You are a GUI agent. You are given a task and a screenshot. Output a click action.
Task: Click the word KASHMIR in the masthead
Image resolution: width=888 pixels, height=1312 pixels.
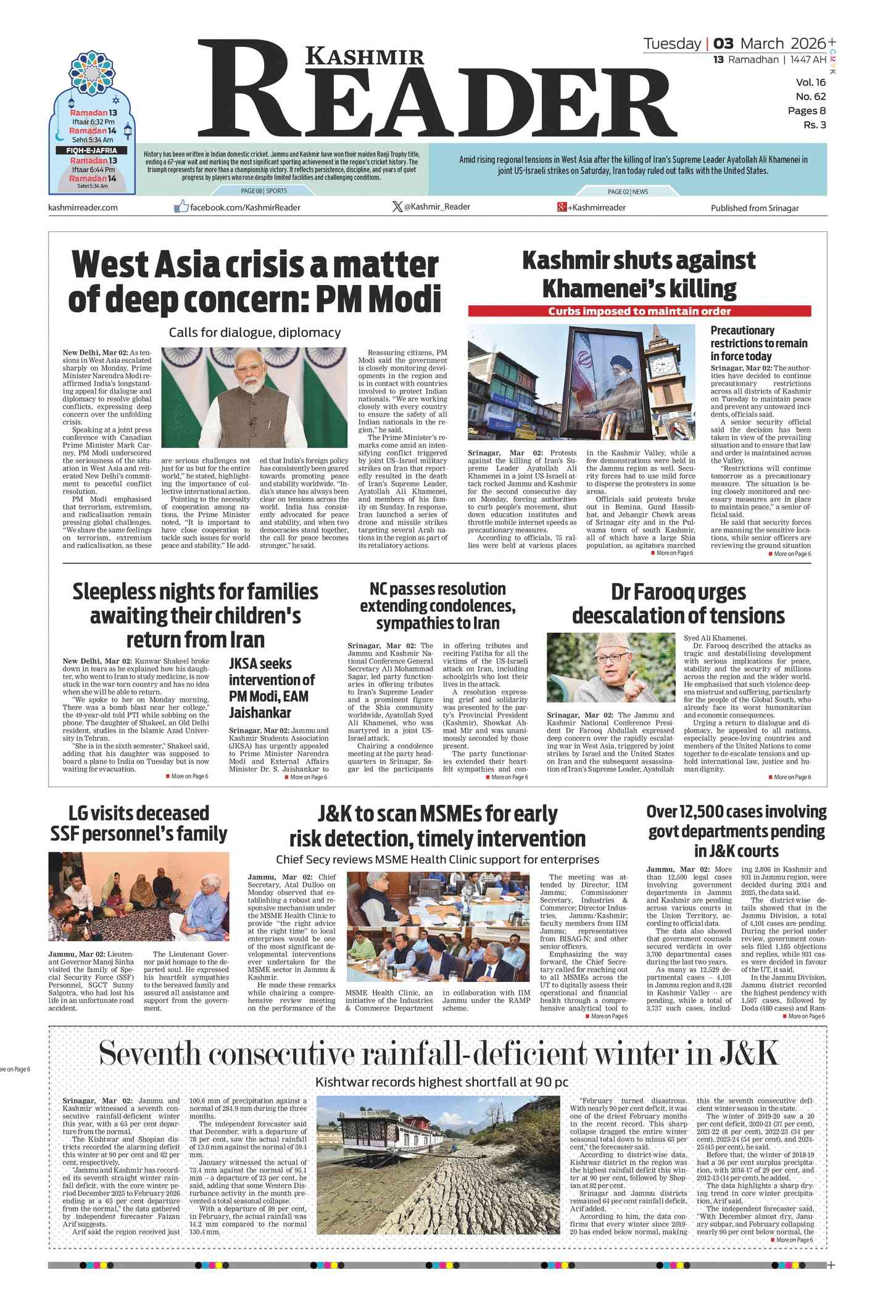[365, 57]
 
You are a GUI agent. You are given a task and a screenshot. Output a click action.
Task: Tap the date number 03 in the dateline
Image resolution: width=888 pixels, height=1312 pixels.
[723, 44]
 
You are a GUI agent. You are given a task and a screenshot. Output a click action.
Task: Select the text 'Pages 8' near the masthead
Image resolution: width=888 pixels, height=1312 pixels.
[807, 111]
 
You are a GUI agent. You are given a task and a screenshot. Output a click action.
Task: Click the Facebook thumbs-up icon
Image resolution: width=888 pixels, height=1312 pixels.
[181, 207]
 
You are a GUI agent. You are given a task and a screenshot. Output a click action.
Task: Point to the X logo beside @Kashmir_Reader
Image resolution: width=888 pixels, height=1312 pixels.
[397, 207]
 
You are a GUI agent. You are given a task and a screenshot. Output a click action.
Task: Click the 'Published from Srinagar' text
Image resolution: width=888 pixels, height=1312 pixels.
[754, 208]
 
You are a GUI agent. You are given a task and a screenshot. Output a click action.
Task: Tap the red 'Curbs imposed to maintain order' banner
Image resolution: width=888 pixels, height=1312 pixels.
[639, 311]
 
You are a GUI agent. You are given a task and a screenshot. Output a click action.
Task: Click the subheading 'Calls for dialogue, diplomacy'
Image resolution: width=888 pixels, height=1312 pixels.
[255, 332]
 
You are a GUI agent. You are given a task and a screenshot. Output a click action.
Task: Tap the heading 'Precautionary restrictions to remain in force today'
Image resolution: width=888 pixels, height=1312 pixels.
[758, 343]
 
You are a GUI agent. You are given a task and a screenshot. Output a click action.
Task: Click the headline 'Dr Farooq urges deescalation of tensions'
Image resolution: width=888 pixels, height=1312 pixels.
[678, 604]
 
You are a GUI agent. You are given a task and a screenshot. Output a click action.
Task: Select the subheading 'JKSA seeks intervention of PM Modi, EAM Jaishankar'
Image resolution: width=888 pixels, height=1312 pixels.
[272, 688]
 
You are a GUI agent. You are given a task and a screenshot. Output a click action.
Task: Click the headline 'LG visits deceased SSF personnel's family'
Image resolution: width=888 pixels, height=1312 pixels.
[139, 823]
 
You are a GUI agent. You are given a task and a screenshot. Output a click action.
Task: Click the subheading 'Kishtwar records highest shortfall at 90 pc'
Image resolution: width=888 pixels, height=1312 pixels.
[441, 1082]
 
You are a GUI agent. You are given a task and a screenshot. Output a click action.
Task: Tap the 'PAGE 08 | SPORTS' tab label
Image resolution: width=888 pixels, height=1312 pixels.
[263, 191]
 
